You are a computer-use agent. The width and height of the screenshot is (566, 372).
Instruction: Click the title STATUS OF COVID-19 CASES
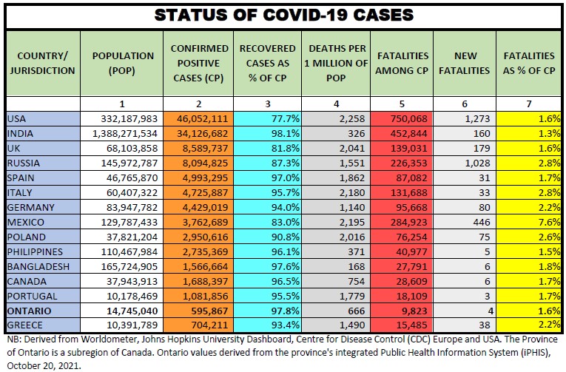click(283, 14)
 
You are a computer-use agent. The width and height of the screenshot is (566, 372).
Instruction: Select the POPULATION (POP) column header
click(123, 63)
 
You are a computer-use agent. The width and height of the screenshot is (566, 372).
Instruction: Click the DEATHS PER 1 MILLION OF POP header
click(336, 63)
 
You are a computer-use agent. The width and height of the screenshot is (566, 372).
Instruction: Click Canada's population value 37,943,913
click(127, 282)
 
